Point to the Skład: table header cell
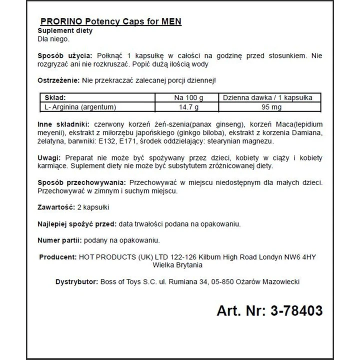[55, 98]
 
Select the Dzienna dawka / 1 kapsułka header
[267, 98]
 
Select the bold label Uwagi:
[49, 157]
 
